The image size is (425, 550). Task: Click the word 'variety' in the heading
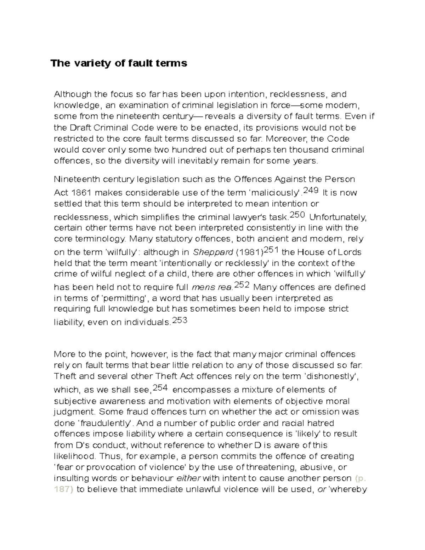[x=89, y=63]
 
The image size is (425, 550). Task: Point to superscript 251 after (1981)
[x=271, y=250]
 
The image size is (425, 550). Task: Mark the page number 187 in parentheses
[x=64, y=489]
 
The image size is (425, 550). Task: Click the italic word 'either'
[x=188, y=478]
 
